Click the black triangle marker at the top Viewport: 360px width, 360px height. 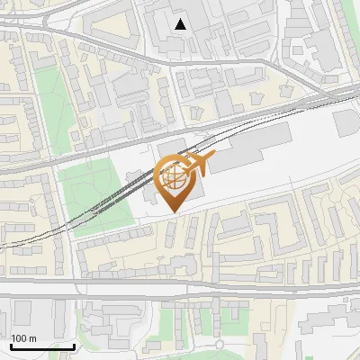click(x=181, y=24)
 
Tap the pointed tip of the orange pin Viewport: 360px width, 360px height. click(x=172, y=212)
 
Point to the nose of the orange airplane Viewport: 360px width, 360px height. click(x=213, y=158)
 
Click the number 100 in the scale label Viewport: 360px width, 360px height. click(x=19, y=338)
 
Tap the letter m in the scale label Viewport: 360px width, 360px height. click(x=32, y=338)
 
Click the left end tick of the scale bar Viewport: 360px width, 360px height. click(x=11, y=346)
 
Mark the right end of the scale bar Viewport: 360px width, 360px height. click(x=75, y=346)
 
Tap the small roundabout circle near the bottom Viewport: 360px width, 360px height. click(x=219, y=345)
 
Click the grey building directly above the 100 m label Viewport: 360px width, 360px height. click(x=22, y=315)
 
